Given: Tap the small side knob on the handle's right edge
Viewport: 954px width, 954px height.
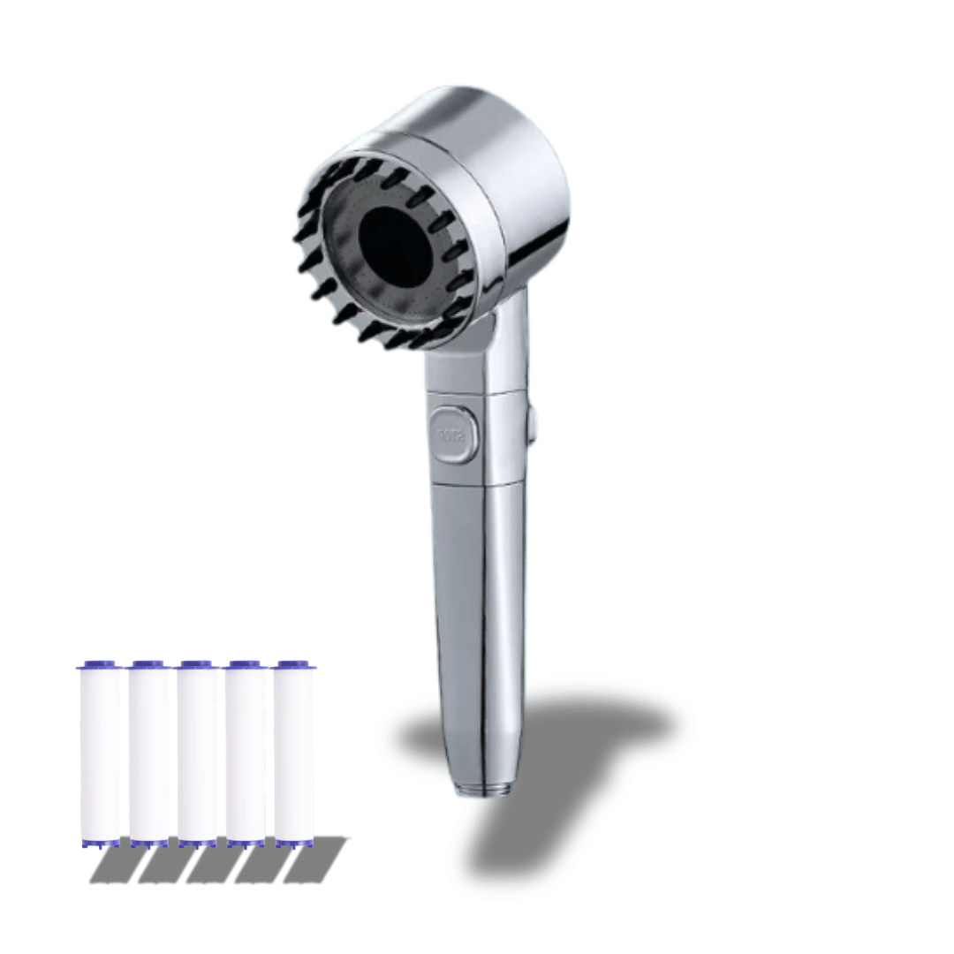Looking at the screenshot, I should (x=531, y=422).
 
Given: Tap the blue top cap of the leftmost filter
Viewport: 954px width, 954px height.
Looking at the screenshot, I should (x=100, y=664).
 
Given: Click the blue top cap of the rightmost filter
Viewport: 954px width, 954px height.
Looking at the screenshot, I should (x=293, y=664).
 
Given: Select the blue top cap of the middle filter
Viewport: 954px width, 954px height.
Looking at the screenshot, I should (x=197, y=664).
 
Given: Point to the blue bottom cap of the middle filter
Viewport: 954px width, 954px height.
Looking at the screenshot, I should (x=197, y=843).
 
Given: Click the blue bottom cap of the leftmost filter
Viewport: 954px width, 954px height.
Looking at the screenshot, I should (x=100, y=843).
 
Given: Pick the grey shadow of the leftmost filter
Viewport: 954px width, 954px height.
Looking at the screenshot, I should (x=115, y=861).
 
